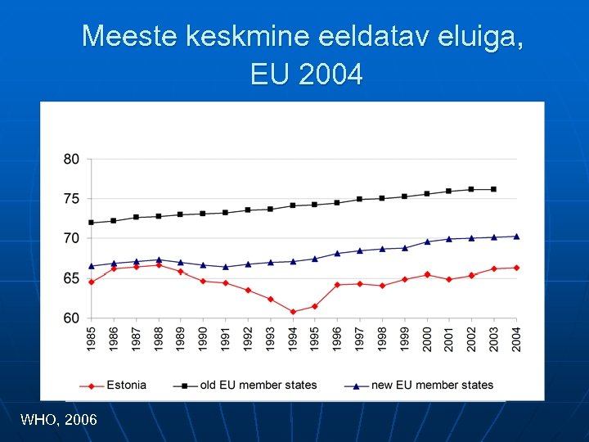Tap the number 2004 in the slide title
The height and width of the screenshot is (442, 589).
330,75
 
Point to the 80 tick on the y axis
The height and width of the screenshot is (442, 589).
72,159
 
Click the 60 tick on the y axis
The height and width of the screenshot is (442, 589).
72,318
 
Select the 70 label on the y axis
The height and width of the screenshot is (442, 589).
72,238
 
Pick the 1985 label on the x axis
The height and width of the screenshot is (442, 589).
92,339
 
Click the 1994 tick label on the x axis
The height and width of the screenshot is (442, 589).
293,339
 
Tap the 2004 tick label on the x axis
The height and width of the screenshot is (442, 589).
516,339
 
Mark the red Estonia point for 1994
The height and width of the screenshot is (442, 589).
293,312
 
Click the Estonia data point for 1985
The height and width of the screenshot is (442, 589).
92,282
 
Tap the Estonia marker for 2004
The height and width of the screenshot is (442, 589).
516,268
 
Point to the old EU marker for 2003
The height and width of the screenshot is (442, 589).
493,189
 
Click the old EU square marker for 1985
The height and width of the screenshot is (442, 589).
92,223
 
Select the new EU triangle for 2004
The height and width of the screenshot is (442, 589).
516,237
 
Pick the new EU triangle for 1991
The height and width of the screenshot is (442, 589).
226,267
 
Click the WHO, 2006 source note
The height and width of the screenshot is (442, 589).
58,420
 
